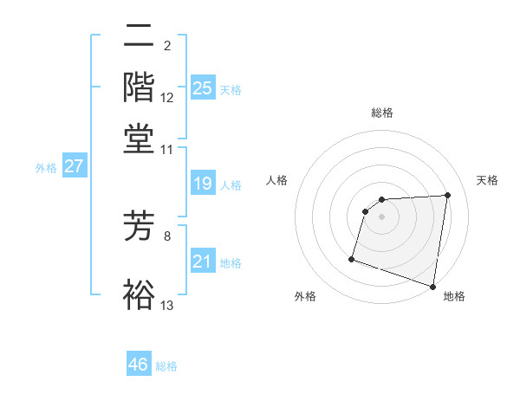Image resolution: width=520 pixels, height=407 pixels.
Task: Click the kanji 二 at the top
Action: pyautogui.click(x=140, y=37)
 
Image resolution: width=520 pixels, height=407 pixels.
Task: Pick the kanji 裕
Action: pyautogui.click(x=140, y=294)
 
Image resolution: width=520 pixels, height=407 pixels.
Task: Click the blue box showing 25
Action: pyautogui.click(x=202, y=87)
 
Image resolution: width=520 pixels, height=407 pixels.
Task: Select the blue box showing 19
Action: pyautogui.click(x=202, y=184)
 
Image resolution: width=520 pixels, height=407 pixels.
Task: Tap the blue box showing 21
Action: pyautogui.click(x=202, y=262)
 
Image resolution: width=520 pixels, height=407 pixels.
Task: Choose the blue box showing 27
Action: pyautogui.click(x=74, y=166)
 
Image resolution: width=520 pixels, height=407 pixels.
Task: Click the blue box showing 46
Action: pyautogui.click(x=139, y=365)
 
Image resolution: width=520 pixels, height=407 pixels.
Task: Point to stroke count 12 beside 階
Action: pyautogui.click(x=167, y=98)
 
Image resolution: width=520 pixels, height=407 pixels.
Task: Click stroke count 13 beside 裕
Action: pyautogui.click(x=167, y=305)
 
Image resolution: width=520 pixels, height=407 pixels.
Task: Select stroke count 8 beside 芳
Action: pyautogui.click(x=167, y=234)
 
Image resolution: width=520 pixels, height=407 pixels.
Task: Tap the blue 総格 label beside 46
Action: pyautogui.click(x=167, y=366)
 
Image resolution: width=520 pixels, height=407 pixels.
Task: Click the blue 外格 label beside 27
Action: pyautogui.click(x=45, y=168)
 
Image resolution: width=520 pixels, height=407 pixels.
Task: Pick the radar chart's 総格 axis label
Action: pyautogui.click(x=382, y=113)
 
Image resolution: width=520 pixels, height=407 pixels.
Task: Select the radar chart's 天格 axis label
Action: pyautogui.click(x=487, y=180)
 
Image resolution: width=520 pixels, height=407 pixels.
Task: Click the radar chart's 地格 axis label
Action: pyautogui.click(x=454, y=296)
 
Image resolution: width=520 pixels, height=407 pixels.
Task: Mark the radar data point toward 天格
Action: pyautogui.click(x=447, y=195)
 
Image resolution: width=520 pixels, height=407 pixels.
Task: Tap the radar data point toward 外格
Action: pyautogui.click(x=352, y=258)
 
